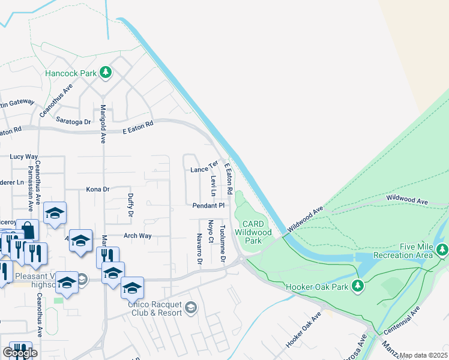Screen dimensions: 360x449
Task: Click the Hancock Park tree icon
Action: click(106, 73)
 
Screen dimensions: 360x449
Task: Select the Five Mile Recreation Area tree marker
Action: click(442, 249)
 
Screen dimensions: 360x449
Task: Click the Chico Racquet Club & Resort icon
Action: click(190, 308)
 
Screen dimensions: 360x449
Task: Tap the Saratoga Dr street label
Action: click(73, 121)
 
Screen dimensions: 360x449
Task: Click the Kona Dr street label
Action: click(98, 189)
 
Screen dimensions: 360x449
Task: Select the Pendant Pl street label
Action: click(208, 205)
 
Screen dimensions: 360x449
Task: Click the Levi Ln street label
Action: click(213, 186)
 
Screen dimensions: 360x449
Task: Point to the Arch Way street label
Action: click(137, 236)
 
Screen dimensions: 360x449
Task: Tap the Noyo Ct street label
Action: click(211, 232)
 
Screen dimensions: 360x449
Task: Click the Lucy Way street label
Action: click(24, 157)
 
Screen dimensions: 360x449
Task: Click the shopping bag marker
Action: click(28, 229)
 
